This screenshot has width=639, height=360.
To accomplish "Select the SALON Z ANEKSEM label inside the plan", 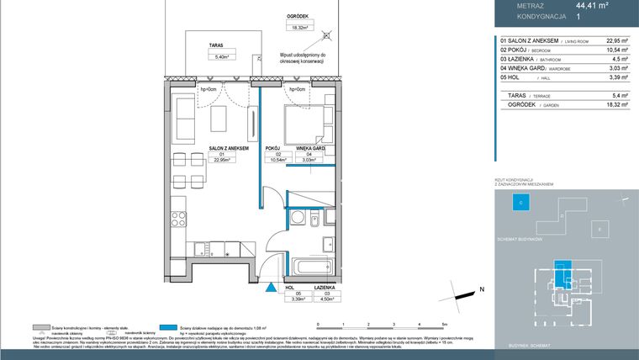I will [199, 148].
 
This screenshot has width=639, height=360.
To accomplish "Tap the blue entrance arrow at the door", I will [270, 287].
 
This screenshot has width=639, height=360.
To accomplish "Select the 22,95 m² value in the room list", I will [594, 40].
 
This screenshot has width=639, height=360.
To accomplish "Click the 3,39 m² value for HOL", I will [594, 80].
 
